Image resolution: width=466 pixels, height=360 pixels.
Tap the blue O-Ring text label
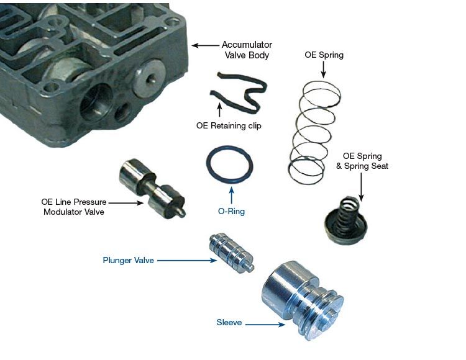[231, 211]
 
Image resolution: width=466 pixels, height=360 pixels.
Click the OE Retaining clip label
[229, 125]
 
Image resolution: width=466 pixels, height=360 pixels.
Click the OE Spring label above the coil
[324, 55]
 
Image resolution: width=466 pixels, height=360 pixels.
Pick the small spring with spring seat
[345, 220]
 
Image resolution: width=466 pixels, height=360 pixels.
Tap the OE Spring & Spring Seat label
[362, 161]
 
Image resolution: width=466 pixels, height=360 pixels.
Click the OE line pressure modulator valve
[152, 189]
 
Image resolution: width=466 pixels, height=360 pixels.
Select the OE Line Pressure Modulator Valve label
[74, 207]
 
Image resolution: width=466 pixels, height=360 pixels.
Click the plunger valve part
[232, 253]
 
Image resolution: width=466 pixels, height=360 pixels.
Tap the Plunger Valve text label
[129, 260]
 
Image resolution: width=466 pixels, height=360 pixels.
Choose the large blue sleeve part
[303, 300]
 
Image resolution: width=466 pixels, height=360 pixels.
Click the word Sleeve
[229, 322]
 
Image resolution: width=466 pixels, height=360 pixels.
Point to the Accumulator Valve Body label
[247, 50]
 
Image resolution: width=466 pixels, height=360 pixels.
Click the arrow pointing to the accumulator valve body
[205, 45]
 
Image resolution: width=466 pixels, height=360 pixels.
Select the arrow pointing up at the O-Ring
[232, 196]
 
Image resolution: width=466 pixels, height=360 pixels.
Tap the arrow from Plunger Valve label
[187, 261]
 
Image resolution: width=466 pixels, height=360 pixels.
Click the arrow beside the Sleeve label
[265, 325]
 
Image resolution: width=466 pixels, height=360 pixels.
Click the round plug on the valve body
[148, 76]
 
